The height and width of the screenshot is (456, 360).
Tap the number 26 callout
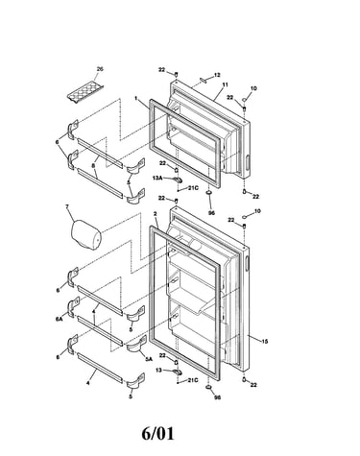[x=100, y=69]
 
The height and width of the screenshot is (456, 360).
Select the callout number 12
[x=217, y=75]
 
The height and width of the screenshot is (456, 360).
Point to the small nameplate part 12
[x=204, y=80]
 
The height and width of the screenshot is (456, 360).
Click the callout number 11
[x=225, y=84]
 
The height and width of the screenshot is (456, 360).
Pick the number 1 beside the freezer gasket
[x=135, y=98]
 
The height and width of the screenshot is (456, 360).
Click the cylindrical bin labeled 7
[x=85, y=235]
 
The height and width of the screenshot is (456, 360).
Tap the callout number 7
[x=67, y=206]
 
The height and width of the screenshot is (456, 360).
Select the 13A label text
[x=157, y=179]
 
